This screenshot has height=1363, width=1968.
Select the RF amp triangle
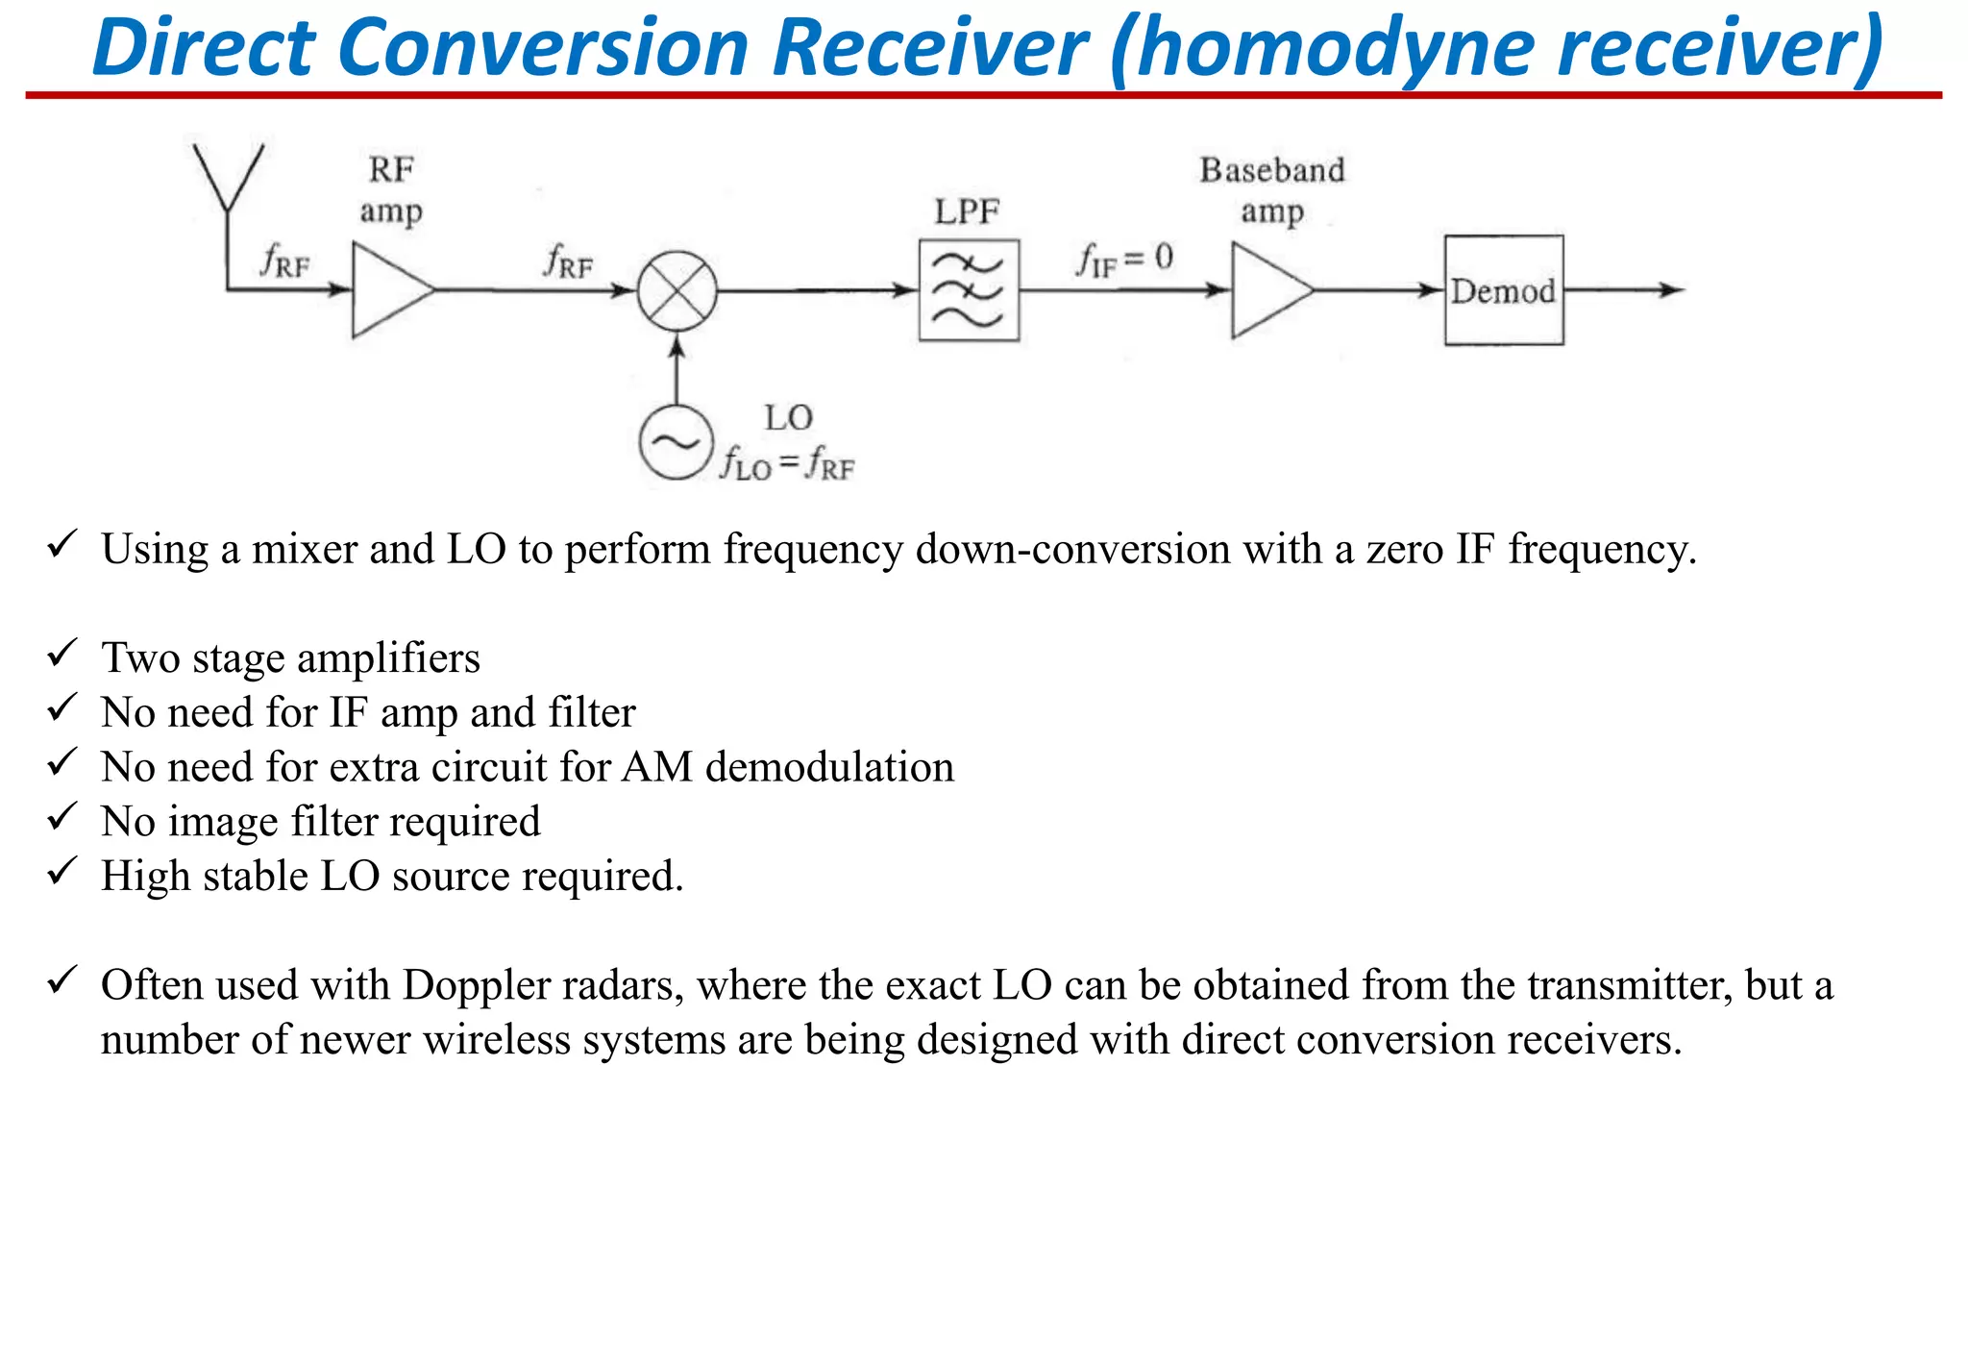click(x=386, y=289)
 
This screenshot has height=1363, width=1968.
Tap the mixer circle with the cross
click(x=677, y=290)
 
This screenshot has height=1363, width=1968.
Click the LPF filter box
click(x=968, y=290)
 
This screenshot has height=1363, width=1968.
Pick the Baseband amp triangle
click(x=1266, y=290)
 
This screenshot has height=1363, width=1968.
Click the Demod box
click(x=1504, y=290)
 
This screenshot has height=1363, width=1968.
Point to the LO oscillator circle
click(x=676, y=443)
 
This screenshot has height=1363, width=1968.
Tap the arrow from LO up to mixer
click(x=677, y=369)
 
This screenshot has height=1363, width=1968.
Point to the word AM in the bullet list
click(x=657, y=767)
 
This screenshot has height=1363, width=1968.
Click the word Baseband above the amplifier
click(x=1271, y=170)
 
